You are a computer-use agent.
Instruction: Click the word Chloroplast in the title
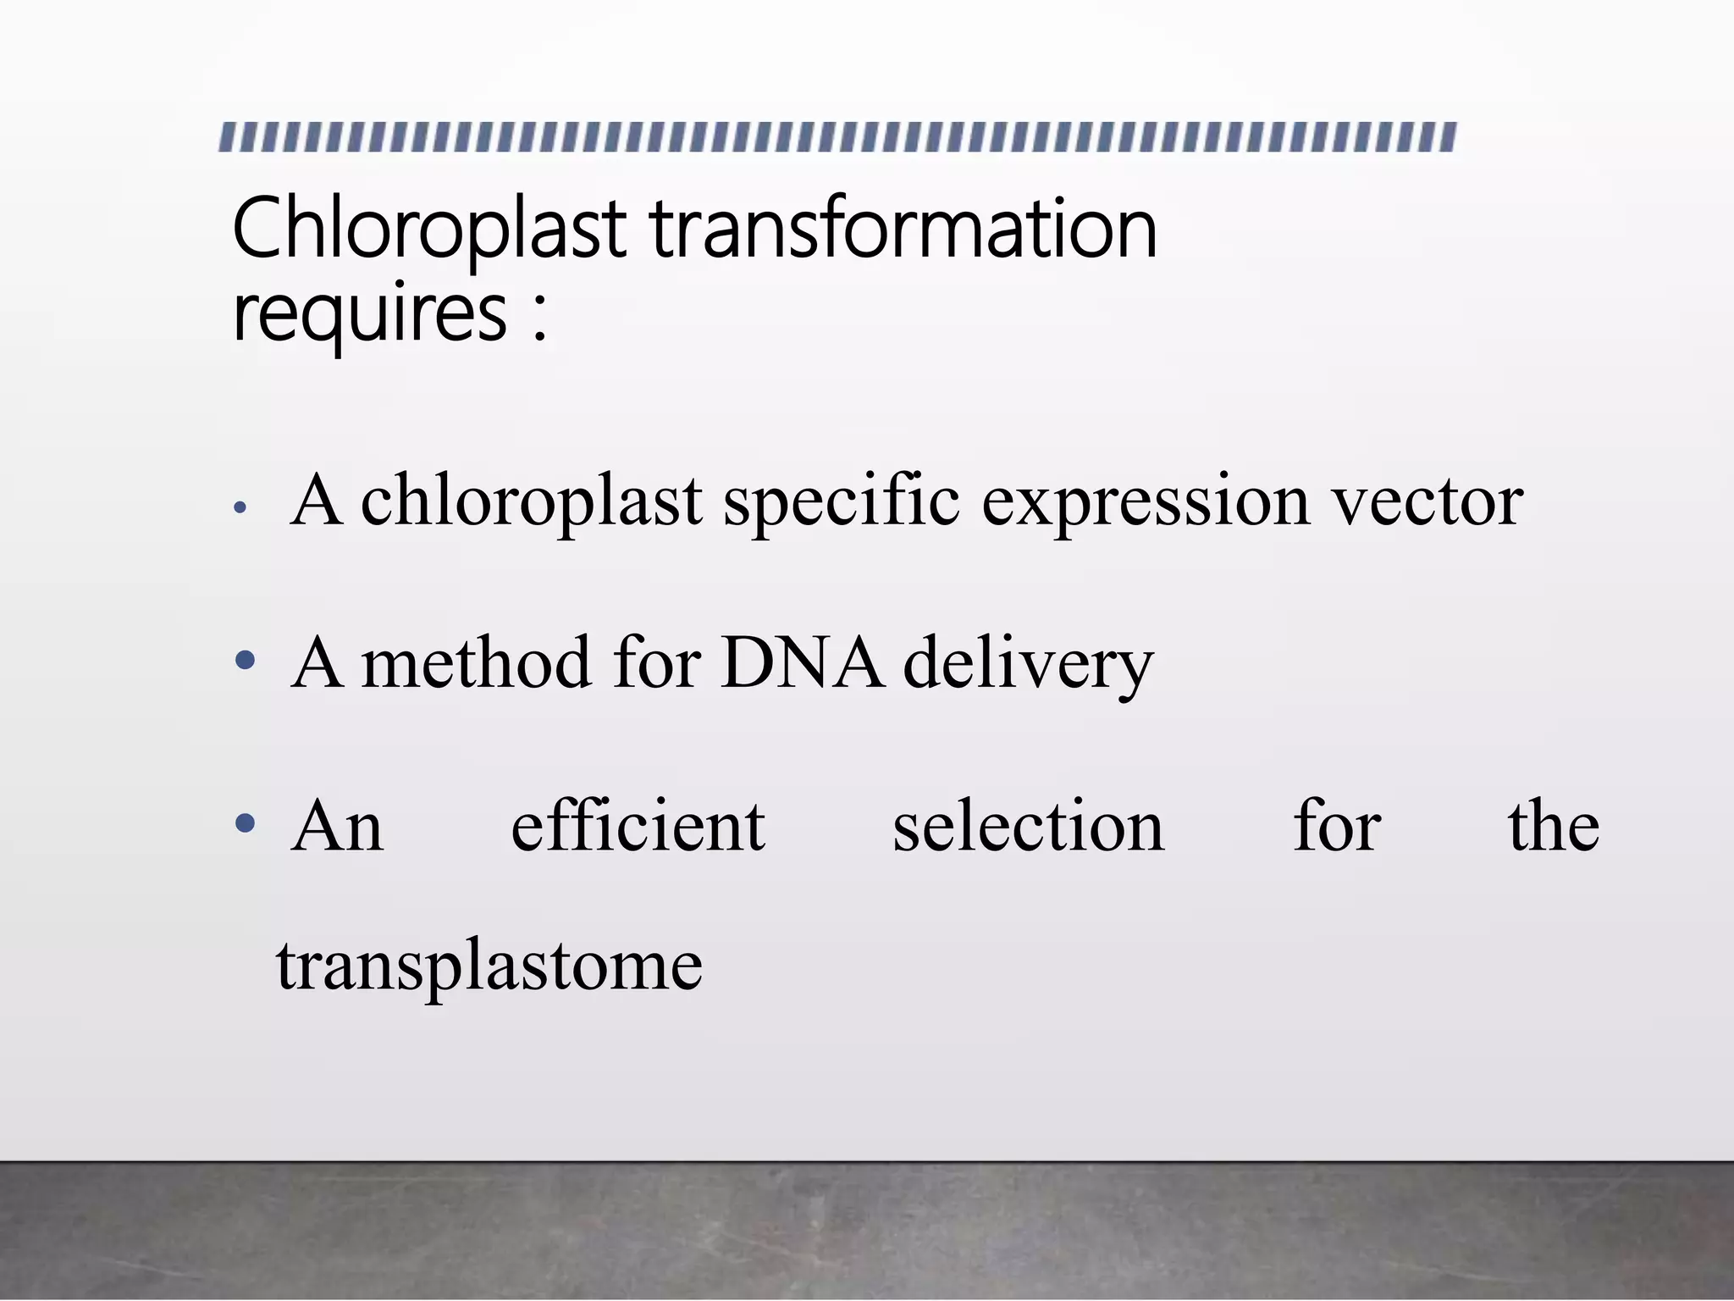tap(428, 229)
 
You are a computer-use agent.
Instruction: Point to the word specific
tap(842, 501)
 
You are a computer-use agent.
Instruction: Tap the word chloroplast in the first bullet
tap(532, 501)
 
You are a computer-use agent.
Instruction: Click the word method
tap(476, 662)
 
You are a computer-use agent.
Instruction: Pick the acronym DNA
tap(802, 662)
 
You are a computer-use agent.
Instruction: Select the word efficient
tap(638, 826)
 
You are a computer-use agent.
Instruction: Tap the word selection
tap(1029, 826)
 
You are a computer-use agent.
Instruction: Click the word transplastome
tap(489, 966)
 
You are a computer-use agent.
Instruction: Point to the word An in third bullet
tap(337, 826)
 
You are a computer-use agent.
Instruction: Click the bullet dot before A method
tap(245, 661)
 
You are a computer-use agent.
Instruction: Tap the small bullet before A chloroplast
tap(240, 508)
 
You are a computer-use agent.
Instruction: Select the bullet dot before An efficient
tap(245, 822)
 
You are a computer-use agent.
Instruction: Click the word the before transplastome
tap(1554, 826)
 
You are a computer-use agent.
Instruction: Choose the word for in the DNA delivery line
tap(658, 662)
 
